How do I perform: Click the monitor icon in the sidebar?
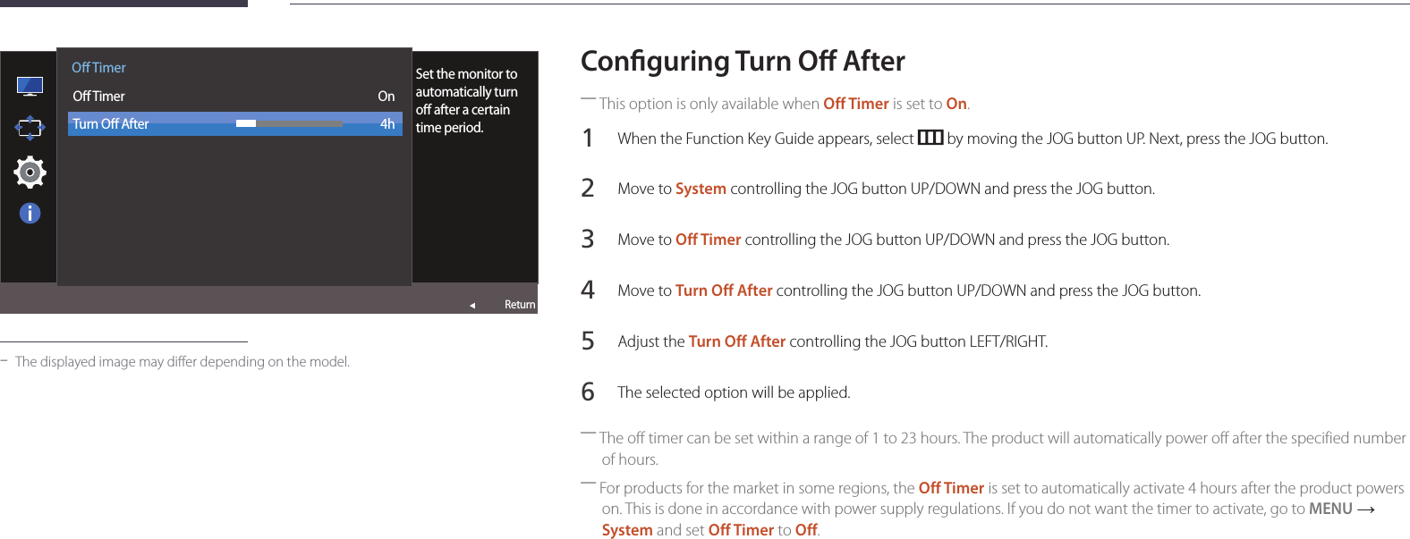30,86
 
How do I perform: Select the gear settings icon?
30,173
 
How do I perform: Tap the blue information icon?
30,214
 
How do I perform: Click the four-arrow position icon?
30,129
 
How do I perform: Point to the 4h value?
387,124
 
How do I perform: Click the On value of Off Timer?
386,97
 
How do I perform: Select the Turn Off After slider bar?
289,123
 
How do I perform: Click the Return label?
519,305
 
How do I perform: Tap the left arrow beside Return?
472,306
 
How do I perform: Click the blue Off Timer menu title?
98,67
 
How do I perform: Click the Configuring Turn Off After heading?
743,62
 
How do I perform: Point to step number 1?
588,139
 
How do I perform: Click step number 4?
588,290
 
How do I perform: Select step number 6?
588,392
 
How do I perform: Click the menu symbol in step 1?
930,137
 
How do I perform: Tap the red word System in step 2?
701,189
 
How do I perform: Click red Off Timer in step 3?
709,240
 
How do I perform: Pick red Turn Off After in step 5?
737,341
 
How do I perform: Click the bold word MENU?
1330,509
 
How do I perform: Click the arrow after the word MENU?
1365,510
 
